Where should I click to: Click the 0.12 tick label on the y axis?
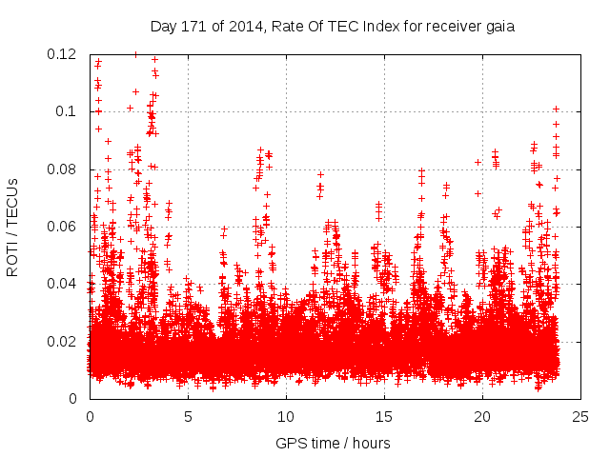pyautogui.click(x=64, y=54)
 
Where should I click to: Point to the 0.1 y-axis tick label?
pyautogui.click(x=68, y=111)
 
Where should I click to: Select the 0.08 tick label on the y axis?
pyautogui.click(x=64, y=169)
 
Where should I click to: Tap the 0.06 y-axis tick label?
pyautogui.click(x=64, y=227)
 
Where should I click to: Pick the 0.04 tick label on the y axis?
pyautogui.click(x=64, y=284)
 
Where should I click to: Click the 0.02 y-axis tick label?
pyautogui.click(x=64, y=341)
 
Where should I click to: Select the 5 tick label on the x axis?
pyautogui.click(x=188, y=416)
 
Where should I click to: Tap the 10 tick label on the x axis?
pyautogui.click(x=286, y=416)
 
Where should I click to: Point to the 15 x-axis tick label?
pyautogui.click(x=384, y=416)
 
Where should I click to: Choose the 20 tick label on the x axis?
pyautogui.click(x=482, y=416)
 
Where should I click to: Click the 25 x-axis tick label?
pyautogui.click(x=580, y=416)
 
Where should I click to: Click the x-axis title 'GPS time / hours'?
pyautogui.click(x=333, y=443)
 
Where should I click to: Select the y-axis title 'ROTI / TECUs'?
pyautogui.click(x=13, y=227)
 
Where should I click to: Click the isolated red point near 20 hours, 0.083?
pyautogui.click(x=478, y=162)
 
